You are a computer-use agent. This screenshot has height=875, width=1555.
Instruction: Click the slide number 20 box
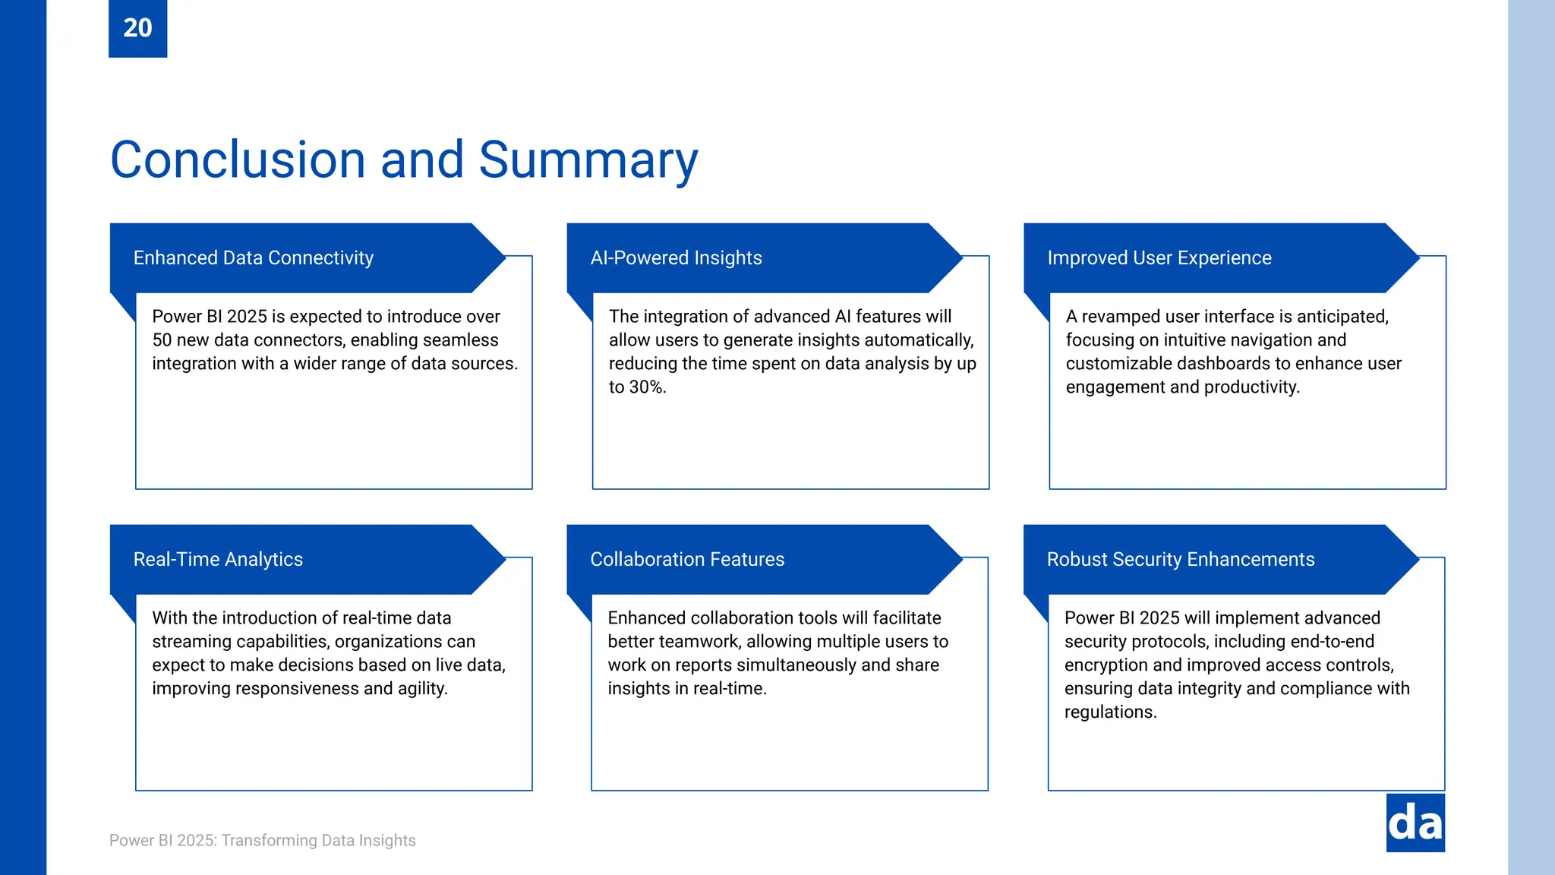click(x=137, y=28)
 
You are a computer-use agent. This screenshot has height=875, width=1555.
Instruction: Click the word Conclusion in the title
click(x=238, y=160)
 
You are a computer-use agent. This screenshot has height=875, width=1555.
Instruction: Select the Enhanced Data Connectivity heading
click(x=253, y=258)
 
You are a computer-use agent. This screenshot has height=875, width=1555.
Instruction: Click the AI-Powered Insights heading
click(x=676, y=258)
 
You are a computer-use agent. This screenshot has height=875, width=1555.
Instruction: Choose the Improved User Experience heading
click(x=1159, y=258)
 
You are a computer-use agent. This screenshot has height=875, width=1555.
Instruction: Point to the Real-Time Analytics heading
click(x=218, y=560)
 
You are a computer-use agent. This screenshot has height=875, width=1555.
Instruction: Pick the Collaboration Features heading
click(x=687, y=560)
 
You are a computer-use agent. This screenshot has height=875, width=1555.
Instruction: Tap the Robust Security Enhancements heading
click(x=1180, y=560)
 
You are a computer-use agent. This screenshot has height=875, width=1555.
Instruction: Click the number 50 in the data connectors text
click(x=162, y=340)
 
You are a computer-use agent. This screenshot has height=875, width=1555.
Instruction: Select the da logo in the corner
click(x=1415, y=823)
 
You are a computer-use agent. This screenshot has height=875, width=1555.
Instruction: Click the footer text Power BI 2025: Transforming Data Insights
click(x=262, y=841)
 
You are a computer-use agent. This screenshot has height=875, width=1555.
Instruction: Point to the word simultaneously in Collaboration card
click(x=786, y=665)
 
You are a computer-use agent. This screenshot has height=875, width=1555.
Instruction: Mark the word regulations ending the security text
click(x=1109, y=712)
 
